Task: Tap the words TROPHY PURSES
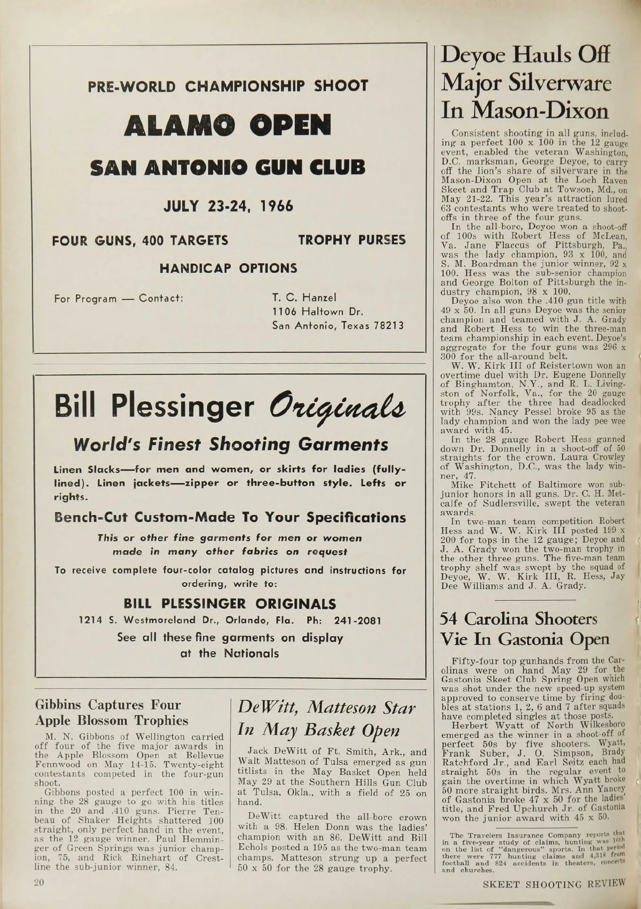pos(352,240)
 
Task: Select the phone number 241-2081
pos(357,621)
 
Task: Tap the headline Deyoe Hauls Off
pos(525,56)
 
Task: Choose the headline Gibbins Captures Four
pos(108,705)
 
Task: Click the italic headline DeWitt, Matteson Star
pos(326,708)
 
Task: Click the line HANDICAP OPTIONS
pos(228,268)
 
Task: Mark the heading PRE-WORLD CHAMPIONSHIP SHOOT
pos(228,86)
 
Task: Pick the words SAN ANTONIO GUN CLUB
pos(228,168)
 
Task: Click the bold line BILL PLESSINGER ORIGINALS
pos(230,604)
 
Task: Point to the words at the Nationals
pos(230,653)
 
